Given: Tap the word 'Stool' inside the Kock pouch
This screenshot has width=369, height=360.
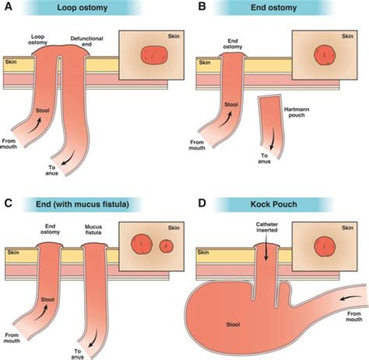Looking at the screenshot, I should coord(233,324).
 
